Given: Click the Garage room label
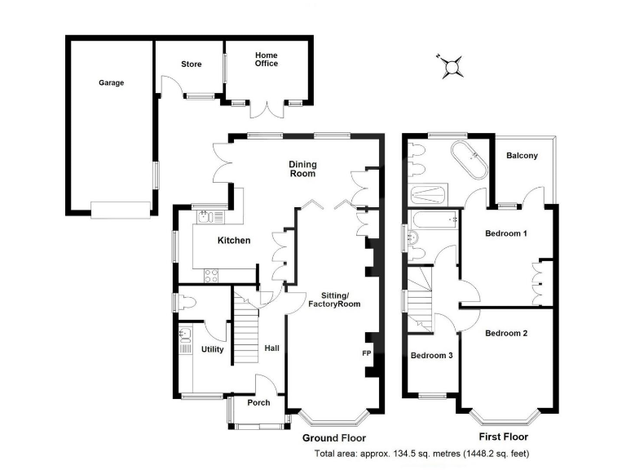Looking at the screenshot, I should coord(112,82).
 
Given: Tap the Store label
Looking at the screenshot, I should coord(192,64).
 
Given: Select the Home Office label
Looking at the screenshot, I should coord(267,59).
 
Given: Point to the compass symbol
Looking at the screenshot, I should coord(451,65).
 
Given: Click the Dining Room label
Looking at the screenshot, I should coord(302,169).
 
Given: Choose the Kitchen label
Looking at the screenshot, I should coord(233,240).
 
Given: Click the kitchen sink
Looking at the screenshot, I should coord(205,217).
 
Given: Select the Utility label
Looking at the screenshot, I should coord(212,349).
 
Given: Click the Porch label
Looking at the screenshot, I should coord(258,402).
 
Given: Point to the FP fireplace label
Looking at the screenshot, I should coord(367,354).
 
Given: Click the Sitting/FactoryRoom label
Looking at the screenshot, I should coord(333,299).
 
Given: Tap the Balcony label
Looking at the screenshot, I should coord(522,156).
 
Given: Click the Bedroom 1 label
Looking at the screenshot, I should coord(506,234).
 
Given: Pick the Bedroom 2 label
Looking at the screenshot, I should coord(506,333).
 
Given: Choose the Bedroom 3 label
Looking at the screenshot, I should coord(431,356).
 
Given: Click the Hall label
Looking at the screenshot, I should coord(271,349).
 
